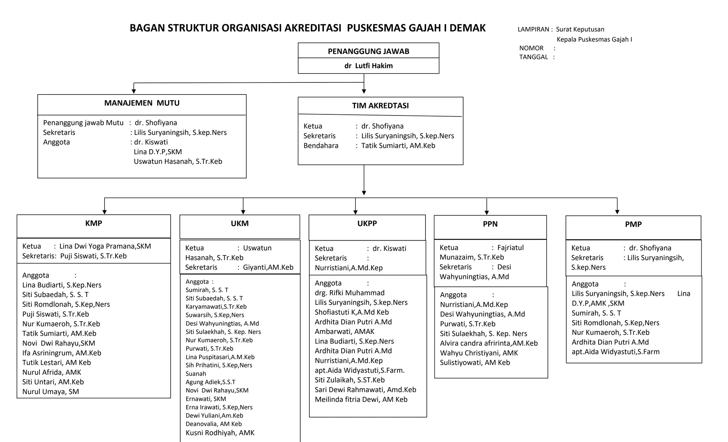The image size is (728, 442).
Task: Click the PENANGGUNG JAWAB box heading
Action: tap(368, 51)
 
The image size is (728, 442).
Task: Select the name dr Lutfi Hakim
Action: tap(368, 66)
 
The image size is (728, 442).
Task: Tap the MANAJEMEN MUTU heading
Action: tap(142, 103)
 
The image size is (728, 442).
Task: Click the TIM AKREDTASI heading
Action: tap(380, 106)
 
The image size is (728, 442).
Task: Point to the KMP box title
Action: tap(93, 223)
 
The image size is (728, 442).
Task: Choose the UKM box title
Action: tap(240, 223)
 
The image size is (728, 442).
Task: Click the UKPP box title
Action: tap(367, 223)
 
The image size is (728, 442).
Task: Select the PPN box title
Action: tap(490, 224)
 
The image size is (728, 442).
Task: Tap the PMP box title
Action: tap(633, 224)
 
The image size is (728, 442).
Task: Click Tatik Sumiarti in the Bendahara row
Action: tap(398, 146)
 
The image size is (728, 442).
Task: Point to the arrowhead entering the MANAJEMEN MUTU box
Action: tap(134, 91)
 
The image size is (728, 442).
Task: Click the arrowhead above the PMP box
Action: tap(617, 212)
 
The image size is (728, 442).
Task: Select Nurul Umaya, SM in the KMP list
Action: tap(50, 392)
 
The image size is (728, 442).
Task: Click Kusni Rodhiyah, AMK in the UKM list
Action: tap(220, 433)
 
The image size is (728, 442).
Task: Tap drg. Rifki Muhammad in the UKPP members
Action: tap(349, 293)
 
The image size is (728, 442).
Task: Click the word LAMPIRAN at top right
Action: tap(533, 29)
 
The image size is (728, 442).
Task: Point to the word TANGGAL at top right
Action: tap(533, 57)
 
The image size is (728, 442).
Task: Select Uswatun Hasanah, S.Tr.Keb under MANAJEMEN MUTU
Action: tap(178, 161)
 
